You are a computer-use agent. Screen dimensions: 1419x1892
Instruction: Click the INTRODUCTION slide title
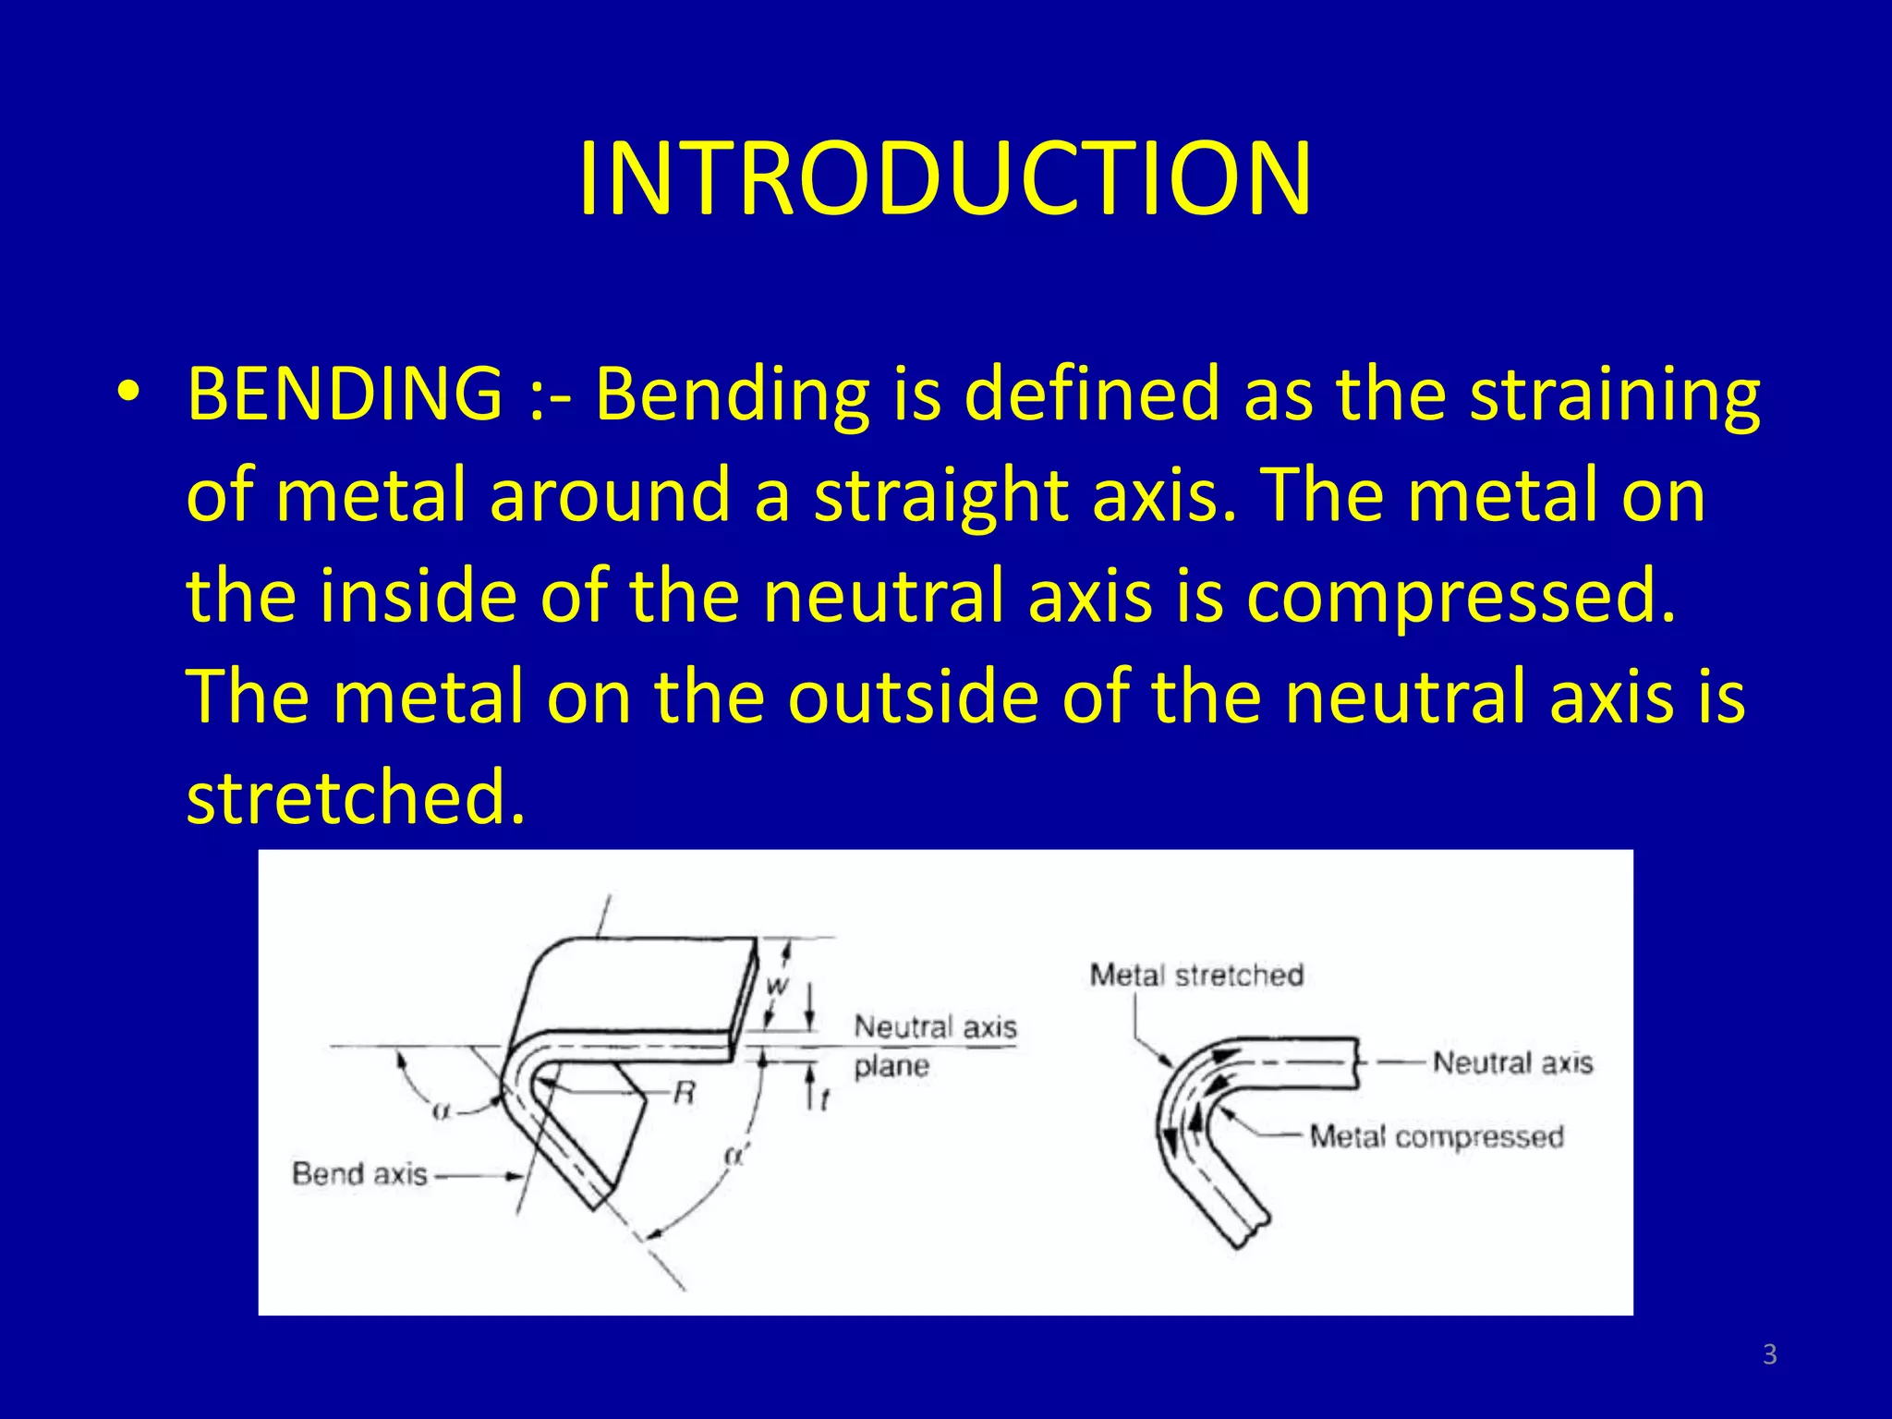(944, 178)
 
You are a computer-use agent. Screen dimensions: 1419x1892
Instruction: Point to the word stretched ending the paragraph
(355, 797)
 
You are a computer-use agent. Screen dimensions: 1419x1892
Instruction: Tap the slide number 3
(1769, 1354)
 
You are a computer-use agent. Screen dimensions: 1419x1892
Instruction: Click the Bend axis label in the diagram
(359, 1174)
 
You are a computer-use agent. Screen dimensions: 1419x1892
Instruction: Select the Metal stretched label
(1196, 975)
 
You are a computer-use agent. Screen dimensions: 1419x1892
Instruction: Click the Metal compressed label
(1437, 1136)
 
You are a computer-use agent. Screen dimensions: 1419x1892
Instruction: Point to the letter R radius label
(685, 1095)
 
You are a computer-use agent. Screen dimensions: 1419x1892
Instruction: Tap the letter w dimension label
(778, 986)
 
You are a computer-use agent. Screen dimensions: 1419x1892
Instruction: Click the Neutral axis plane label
(934, 1045)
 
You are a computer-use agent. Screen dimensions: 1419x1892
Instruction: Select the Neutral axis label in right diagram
(1512, 1062)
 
